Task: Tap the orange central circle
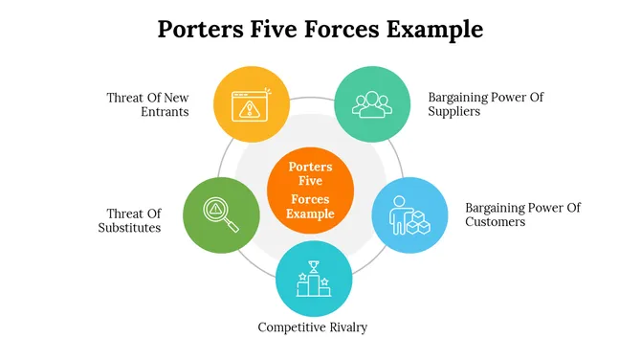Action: pyautogui.click(x=311, y=190)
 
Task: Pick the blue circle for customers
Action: pyautogui.click(x=409, y=215)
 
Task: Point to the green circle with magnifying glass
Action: pyautogui.click(x=221, y=214)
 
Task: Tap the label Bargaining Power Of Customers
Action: pyautogui.click(x=522, y=214)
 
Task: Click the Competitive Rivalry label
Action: pyautogui.click(x=313, y=327)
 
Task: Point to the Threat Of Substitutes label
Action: pyautogui.click(x=130, y=220)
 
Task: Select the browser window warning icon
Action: pyautogui.click(x=252, y=102)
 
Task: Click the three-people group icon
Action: pyautogui.click(x=371, y=102)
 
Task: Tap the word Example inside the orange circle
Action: pyautogui.click(x=311, y=214)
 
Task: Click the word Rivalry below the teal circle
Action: pyautogui.click(x=345, y=327)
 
